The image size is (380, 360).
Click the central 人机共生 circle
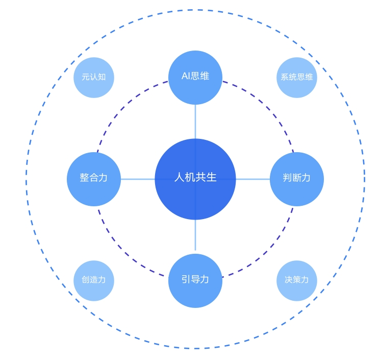195,179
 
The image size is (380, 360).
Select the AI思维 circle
195,78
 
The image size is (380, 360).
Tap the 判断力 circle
297,179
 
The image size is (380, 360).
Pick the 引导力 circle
195,281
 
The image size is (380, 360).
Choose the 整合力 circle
94,179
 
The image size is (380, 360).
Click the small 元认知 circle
94,78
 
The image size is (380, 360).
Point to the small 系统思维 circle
297,78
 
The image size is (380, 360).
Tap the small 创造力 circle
94,281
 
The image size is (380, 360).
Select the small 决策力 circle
297,281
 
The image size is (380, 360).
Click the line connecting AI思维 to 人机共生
195,122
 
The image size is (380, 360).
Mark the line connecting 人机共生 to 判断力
253,179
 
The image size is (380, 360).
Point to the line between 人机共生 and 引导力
195,236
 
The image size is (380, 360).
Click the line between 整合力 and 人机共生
138,179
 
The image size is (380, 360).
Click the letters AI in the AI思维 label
186,76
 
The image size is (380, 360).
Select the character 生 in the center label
212,178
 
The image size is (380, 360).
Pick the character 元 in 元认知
86,77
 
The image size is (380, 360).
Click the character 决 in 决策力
289,280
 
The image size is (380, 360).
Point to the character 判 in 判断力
288,178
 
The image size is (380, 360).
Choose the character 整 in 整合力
85,178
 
